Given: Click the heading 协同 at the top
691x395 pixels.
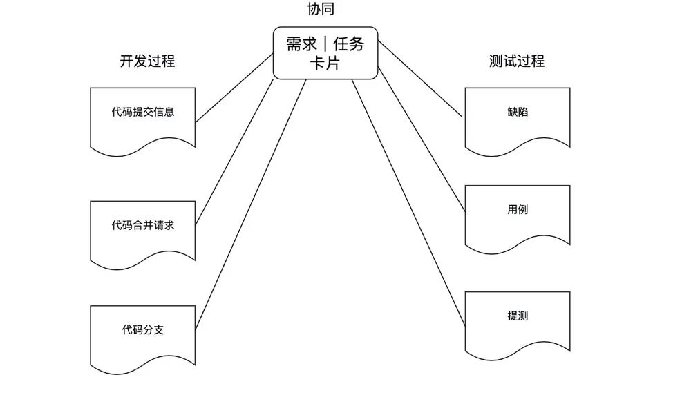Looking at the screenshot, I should [325, 10].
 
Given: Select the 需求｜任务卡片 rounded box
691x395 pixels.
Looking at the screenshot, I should [325, 53].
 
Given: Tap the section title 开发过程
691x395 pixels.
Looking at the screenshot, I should [147, 61].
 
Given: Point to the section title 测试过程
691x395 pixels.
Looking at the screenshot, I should [517, 61].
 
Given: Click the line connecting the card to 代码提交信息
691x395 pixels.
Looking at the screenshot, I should [235, 88].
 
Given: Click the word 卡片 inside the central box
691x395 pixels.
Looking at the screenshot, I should [325, 64].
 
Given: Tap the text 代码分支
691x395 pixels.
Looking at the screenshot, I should [142, 329].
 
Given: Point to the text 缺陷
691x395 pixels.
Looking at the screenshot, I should [518, 111].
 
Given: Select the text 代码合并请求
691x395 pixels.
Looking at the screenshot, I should [142, 225].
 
